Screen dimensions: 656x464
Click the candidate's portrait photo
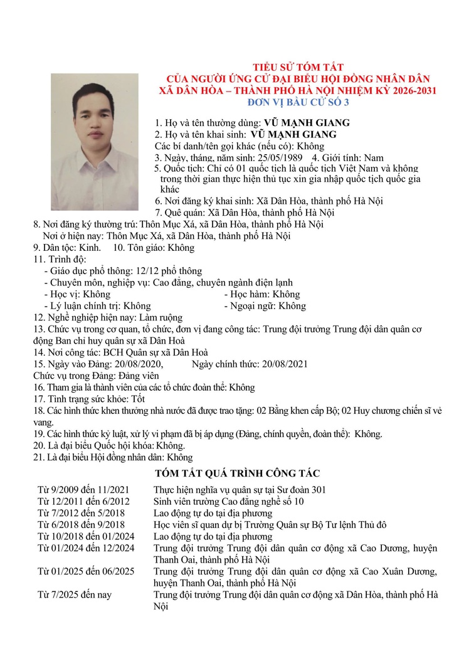point(95,142)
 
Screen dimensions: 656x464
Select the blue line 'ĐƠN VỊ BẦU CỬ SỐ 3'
point(298,102)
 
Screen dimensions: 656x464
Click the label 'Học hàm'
point(249,294)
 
